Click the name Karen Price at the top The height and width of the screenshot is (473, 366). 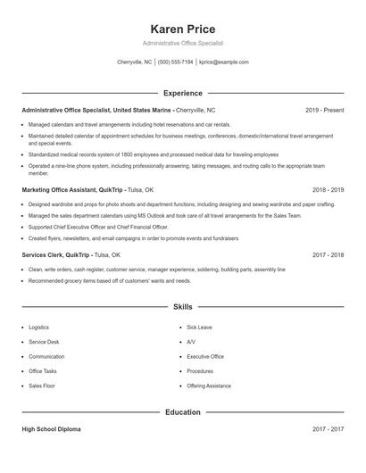[183, 29]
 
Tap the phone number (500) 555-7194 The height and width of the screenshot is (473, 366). [176, 62]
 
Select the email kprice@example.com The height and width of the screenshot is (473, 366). [224, 62]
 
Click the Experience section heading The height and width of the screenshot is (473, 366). [183, 93]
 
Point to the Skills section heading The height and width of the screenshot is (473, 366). [183, 307]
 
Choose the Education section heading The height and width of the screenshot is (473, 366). [183, 412]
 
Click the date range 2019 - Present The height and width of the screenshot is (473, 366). [324, 110]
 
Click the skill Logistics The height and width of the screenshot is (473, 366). [39, 328]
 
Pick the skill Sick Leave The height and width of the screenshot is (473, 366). [199, 328]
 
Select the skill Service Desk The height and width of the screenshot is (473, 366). [44, 342]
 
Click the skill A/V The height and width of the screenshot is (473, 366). [191, 342]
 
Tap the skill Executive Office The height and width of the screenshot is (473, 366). [205, 356]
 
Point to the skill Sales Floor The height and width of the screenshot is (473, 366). [42, 386]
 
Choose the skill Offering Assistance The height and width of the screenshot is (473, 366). [209, 386]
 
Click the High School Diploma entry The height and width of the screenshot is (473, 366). [51, 429]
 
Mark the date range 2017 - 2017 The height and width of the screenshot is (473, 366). [328, 429]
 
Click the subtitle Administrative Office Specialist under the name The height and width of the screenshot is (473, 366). [183, 43]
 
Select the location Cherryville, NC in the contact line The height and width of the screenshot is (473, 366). [135, 62]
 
